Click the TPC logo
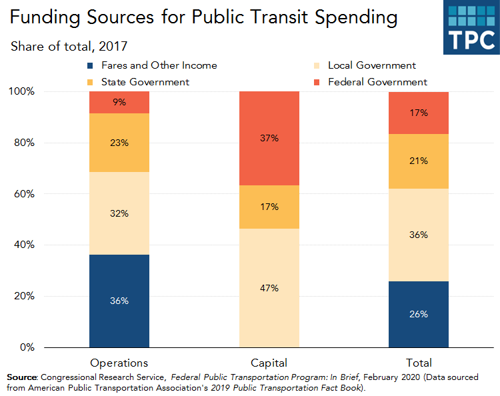pyautogui.click(x=471, y=27)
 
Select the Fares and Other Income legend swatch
pyautogui.click(x=91, y=66)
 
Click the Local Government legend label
pyautogui.click(x=372, y=65)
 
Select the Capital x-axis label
pyautogui.click(x=269, y=363)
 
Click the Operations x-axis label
pyautogui.click(x=119, y=363)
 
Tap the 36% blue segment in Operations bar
pyautogui.click(x=119, y=301)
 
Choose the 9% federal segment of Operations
pyautogui.click(x=119, y=103)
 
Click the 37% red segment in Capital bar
pyautogui.click(x=269, y=139)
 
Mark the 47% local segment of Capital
pyautogui.click(x=269, y=288)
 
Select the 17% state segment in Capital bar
pyautogui.click(x=269, y=207)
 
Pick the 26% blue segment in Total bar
pyautogui.click(x=419, y=314)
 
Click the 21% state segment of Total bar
pyautogui.click(x=419, y=161)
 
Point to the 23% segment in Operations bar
pyautogui.click(x=119, y=143)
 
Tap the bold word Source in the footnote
pyautogui.click(x=22, y=377)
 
